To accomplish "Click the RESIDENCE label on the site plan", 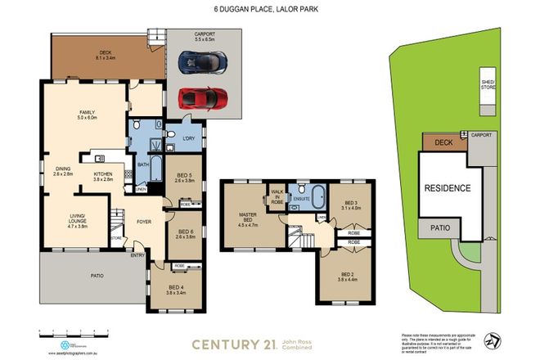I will [x=447, y=188].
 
